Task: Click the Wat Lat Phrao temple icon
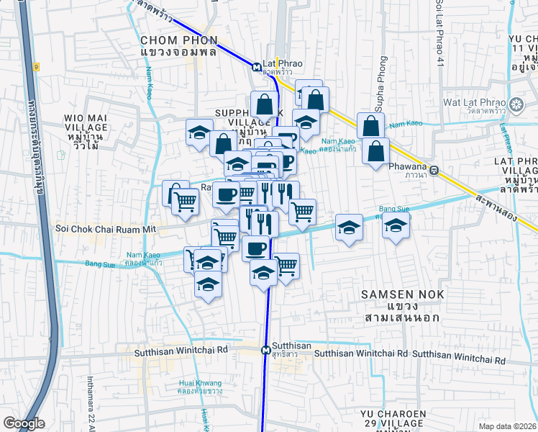pyautogui.click(x=516, y=107)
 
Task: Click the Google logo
pyautogui.click(x=24, y=424)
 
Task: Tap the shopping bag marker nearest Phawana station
pyautogui.click(x=375, y=151)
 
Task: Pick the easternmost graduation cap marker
pyautogui.click(x=395, y=226)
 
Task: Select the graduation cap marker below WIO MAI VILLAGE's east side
pyautogui.click(x=199, y=132)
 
